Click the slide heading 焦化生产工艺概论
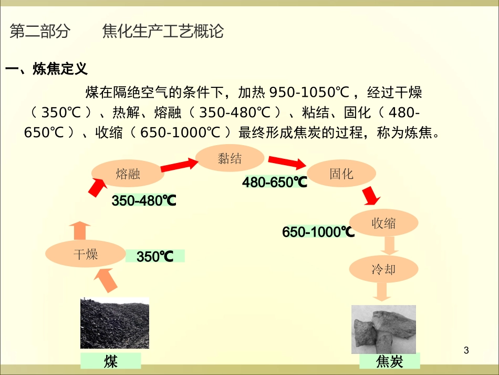163,32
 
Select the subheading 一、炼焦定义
46,69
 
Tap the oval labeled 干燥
85,255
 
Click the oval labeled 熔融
128,174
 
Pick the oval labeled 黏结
230,158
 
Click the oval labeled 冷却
383,270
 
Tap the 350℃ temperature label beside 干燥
155,257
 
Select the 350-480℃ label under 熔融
144,201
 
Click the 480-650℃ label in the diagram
274,183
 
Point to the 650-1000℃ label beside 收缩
318,232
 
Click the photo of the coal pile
115,323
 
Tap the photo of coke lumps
383,329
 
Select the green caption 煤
111,361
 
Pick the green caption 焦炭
389,362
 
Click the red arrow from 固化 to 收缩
371,196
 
